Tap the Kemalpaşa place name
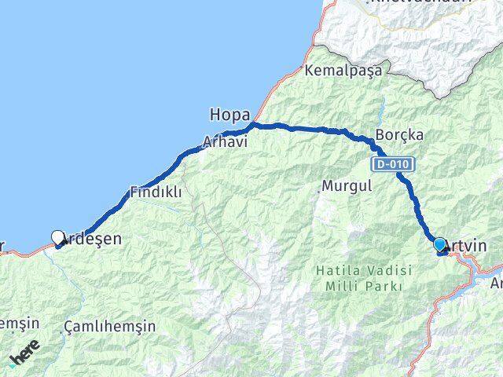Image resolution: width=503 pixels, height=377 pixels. tap(345, 70)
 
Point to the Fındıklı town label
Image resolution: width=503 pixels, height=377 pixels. tap(156, 191)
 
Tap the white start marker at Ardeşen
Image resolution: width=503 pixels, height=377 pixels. tap(57, 237)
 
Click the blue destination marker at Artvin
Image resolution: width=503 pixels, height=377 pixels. tap(439, 245)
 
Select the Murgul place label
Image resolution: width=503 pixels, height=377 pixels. tap(343, 188)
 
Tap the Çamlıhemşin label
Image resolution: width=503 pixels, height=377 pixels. tap(109, 326)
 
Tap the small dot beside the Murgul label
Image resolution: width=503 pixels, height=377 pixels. tap(321, 188)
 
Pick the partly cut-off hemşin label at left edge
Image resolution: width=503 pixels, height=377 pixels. tap(17, 323)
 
